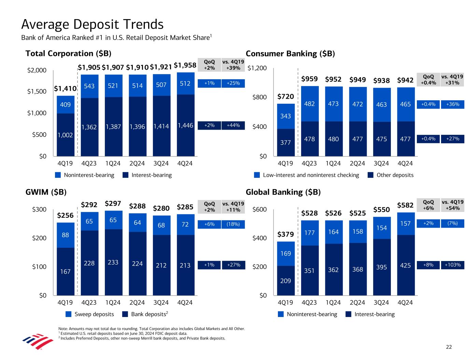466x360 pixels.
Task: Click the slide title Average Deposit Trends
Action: pyautogui.click(x=92, y=25)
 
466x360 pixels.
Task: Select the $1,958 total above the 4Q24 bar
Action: pyautogui.click(x=185, y=65)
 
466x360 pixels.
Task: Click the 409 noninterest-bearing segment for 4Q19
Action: pyautogui.click(x=65, y=104)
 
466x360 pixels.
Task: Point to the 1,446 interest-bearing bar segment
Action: pyautogui.click(x=185, y=126)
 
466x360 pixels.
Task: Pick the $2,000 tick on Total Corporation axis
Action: pyautogui.click(x=37, y=71)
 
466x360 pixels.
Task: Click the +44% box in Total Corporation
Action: pyautogui.click(x=233, y=126)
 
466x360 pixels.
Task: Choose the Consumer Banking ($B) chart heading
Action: pyautogui.click(x=290, y=54)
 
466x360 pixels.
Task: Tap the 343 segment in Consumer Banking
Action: pyautogui.click(x=285, y=116)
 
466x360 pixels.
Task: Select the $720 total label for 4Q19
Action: pyautogui.click(x=285, y=97)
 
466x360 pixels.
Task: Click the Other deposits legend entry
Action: pyautogui.click(x=391, y=175)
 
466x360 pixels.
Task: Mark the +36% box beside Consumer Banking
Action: pyautogui.click(x=453, y=104)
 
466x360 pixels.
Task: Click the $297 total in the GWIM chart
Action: pyautogui.click(x=113, y=204)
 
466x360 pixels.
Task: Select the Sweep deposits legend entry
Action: pyautogui.click(x=90, y=314)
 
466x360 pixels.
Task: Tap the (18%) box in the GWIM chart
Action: pyautogui.click(x=233, y=224)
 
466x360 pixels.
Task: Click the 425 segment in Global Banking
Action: pyautogui.click(x=405, y=265)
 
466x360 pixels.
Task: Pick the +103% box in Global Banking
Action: pyautogui.click(x=453, y=265)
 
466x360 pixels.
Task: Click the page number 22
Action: pyautogui.click(x=449, y=347)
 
